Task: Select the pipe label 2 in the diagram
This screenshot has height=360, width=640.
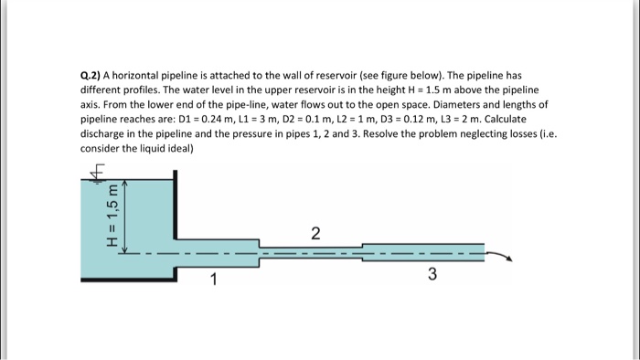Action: coord(315,234)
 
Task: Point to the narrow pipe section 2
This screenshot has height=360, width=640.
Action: coord(311,250)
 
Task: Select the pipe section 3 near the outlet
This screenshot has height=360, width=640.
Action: coord(421,251)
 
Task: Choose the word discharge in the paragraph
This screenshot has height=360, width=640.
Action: coord(104,134)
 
